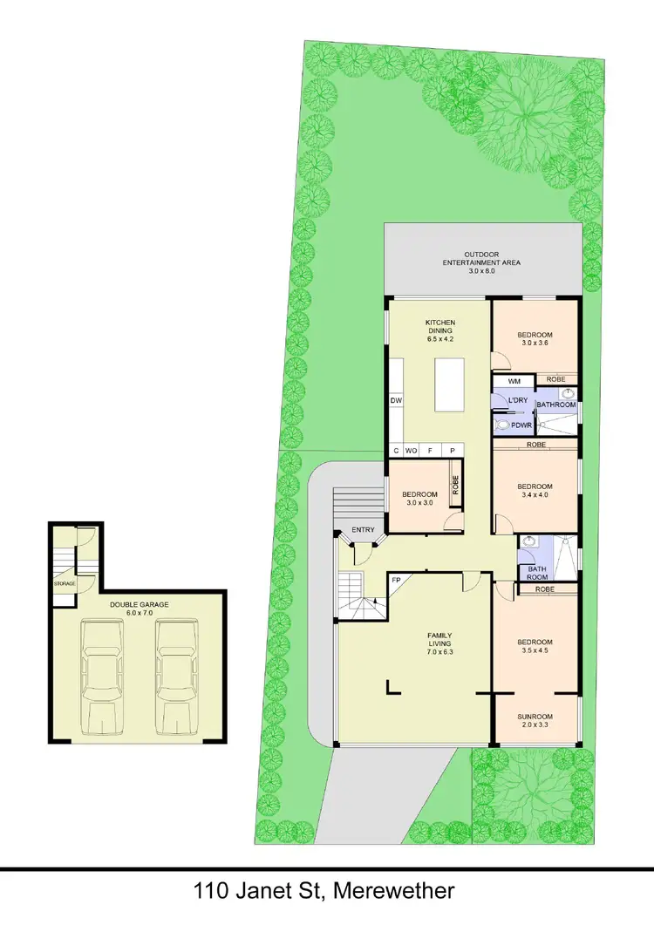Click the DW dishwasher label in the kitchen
396,401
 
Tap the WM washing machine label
514,381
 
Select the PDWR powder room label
522,425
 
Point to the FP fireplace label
395,580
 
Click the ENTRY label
363,530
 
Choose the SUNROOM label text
536,717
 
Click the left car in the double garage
103,676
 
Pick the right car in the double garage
177,676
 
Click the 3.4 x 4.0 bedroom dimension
535,497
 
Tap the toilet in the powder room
502,425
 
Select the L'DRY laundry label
517,401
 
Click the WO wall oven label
412,450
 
